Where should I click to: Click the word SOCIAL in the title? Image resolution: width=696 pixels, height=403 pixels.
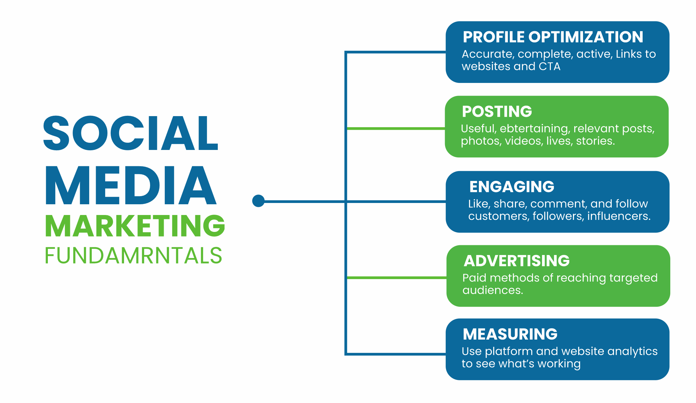(131, 133)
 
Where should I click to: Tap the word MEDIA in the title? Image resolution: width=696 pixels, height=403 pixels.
(131, 185)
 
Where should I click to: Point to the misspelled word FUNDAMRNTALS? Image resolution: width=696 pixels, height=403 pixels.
(133, 255)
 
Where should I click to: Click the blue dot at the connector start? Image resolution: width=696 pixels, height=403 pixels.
(258, 201)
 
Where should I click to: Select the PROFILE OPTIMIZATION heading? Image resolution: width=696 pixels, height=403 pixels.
(553, 37)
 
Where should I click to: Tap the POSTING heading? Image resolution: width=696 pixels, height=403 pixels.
(497, 112)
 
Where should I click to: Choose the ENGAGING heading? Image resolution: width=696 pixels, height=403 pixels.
(512, 187)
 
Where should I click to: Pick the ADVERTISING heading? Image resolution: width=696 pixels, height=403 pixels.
(517, 261)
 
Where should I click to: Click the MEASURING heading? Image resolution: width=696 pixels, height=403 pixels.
(510, 334)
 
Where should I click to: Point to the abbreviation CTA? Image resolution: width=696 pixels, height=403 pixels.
(550, 66)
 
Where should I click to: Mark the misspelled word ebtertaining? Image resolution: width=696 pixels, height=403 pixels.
(535, 129)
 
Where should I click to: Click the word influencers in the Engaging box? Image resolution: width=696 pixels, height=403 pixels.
(619, 216)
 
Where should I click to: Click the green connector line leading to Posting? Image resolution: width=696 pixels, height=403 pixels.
(396, 129)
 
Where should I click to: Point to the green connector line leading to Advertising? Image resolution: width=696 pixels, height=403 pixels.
(397, 278)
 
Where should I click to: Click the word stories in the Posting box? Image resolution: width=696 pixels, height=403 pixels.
(595, 141)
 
